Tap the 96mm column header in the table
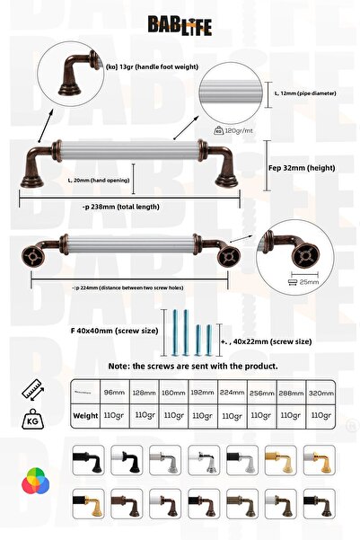114,392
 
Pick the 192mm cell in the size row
203,392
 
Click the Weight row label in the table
85,416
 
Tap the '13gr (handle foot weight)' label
150,65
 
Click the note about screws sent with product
192,367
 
